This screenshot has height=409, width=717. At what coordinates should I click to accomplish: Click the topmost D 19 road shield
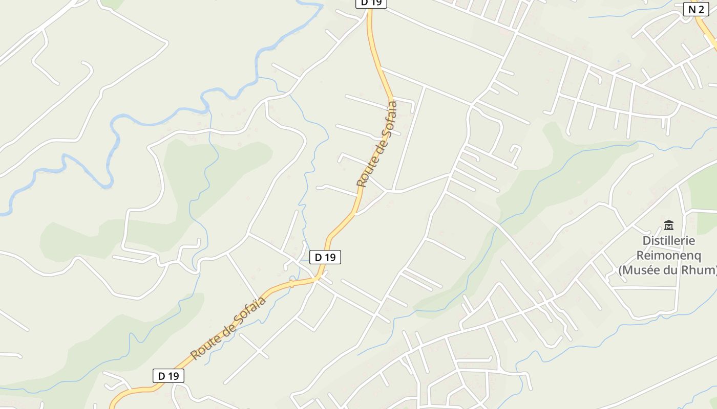(x=371, y=3)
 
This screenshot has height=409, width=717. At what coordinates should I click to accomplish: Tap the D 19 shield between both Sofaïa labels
(x=325, y=257)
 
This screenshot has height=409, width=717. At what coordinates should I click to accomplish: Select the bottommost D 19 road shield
(x=168, y=376)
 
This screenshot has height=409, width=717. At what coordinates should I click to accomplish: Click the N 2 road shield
(x=696, y=9)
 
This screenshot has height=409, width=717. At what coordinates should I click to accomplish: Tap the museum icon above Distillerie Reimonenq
(x=668, y=225)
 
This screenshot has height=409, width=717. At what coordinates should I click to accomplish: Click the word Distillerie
(x=669, y=240)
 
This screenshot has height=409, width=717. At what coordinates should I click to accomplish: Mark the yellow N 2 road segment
(x=707, y=33)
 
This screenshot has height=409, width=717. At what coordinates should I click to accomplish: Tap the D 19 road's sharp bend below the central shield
(x=318, y=278)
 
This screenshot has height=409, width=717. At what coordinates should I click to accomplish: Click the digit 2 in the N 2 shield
(x=701, y=9)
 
